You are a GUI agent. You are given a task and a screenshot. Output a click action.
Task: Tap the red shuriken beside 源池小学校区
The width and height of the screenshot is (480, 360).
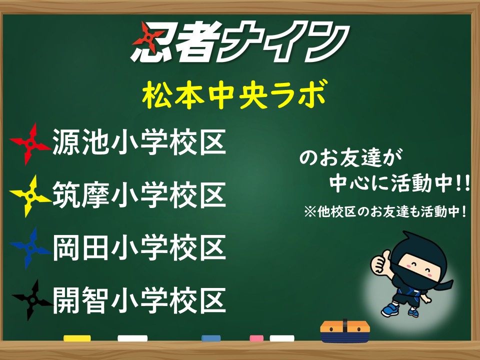point(30,144)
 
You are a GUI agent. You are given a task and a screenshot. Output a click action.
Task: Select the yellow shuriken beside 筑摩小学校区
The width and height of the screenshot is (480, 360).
point(30,196)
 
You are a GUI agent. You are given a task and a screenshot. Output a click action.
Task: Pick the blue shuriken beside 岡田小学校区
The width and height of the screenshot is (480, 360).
point(30,248)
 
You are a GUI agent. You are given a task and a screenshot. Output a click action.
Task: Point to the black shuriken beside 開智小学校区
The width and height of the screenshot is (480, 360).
point(32,300)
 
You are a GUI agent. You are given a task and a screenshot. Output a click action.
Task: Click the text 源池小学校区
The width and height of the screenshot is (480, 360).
point(139,142)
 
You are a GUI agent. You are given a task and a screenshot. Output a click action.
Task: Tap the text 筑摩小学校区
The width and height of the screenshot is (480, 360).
point(139,194)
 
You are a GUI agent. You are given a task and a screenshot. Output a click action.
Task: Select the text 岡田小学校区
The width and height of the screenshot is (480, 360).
point(139,247)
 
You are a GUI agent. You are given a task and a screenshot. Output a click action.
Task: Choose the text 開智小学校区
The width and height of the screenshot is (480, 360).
point(139,300)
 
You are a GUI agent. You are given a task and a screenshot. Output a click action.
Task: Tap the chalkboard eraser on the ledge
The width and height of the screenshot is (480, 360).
point(345,331)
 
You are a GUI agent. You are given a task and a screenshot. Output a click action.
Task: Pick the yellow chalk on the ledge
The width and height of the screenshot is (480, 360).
point(77,338)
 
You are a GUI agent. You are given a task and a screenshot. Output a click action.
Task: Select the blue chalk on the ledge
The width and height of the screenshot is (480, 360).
point(211,338)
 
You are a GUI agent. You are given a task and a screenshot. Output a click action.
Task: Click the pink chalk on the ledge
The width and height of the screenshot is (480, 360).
point(256,338)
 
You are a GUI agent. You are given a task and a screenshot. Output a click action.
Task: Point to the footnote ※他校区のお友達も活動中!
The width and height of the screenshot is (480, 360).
point(385,211)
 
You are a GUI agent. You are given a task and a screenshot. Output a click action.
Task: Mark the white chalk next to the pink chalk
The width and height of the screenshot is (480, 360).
point(282,338)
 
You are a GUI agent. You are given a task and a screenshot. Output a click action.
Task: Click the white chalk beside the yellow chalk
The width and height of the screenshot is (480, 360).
point(132,338)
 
